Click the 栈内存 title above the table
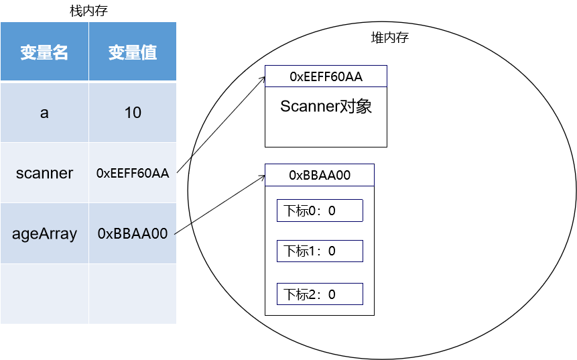point(88,11)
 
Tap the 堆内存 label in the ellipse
point(389,38)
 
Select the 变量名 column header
point(44,53)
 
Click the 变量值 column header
point(133,53)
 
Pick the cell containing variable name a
point(44,113)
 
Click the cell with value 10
point(133,113)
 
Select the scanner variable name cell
point(44,173)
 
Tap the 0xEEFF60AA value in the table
point(133,173)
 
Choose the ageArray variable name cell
point(44,233)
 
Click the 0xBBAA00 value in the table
point(133,233)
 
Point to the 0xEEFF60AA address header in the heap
point(326,76)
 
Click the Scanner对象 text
point(326,107)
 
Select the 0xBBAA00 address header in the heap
point(320,175)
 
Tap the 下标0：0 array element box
point(320,211)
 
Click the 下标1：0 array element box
point(320,251)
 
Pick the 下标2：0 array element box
point(320,294)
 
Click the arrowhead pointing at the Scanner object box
point(263,78)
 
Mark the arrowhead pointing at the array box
point(262,177)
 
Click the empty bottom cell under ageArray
point(44,294)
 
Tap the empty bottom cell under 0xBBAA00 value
point(133,294)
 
